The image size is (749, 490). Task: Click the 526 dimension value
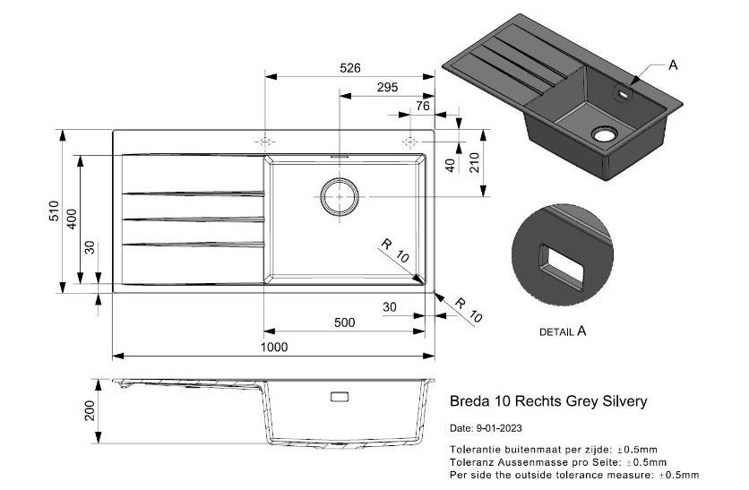tap(349, 66)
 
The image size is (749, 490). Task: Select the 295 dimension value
tap(386, 87)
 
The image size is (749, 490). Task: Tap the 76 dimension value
tap(423, 107)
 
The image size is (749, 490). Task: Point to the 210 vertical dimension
tap(474, 162)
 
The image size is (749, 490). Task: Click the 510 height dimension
tap(54, 212)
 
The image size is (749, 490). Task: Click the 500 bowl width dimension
tap(343, 322)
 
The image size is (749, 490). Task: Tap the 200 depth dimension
tap(89, 410)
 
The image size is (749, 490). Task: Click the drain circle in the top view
tap(339, 195)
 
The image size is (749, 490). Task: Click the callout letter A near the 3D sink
tap(673, 64)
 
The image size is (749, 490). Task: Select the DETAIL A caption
tap(563, 331)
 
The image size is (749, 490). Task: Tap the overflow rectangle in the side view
tap(340, 396)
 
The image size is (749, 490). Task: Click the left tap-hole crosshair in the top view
tap(264, 142)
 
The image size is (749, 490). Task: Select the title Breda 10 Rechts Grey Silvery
tap(547, 401)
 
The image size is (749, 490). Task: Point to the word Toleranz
tap(471, 461)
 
